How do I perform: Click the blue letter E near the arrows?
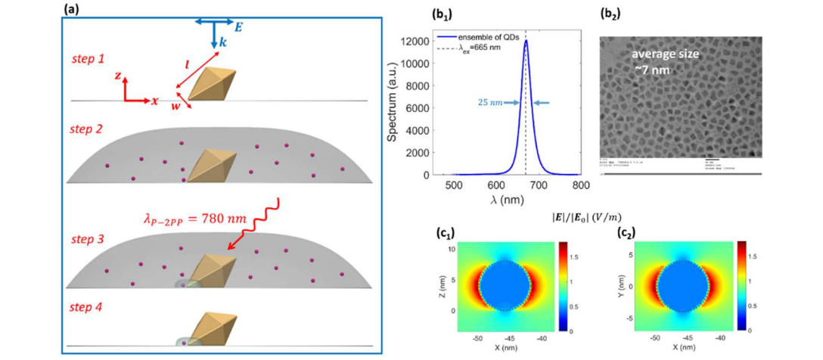coord(238,26)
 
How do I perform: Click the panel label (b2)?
coord(610,14)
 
